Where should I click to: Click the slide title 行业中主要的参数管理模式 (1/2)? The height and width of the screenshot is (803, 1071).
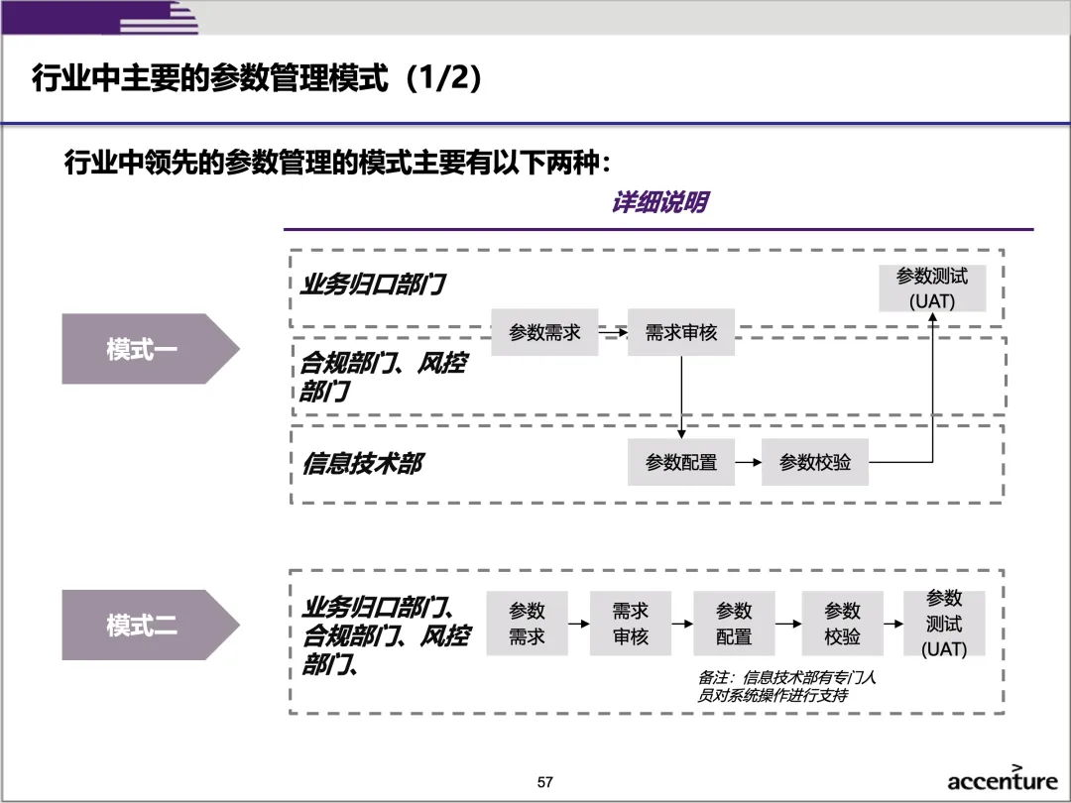[258, 78]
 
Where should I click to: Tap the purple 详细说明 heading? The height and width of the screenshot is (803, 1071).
[658, 203]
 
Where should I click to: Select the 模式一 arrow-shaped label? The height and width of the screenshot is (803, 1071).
[144, 349]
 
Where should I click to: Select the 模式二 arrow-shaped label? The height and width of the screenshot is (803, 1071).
[144, 626]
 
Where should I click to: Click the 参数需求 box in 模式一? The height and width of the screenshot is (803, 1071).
[544, 332]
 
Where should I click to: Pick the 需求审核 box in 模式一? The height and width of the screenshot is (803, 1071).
[681, 332]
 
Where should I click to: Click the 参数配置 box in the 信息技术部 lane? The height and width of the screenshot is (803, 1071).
[681, 462]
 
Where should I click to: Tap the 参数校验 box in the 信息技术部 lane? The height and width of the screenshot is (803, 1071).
[815, 462]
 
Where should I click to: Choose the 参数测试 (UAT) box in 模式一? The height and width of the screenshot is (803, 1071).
[932, 288]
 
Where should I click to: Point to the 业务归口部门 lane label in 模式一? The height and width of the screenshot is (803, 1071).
[373, 286]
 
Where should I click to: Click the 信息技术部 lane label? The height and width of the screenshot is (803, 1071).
[362, 463]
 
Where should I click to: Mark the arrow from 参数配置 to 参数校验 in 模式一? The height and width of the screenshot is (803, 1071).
[748, 462]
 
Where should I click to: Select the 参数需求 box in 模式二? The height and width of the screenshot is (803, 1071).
[527, 625]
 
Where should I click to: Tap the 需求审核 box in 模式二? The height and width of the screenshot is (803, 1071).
[631, 625]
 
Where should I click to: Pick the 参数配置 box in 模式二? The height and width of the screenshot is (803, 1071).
[734, 625]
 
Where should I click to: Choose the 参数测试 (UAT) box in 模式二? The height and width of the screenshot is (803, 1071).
[944, 625]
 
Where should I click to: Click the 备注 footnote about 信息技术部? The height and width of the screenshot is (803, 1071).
[787, 686]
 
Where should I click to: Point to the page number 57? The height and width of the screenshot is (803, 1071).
[544, 782]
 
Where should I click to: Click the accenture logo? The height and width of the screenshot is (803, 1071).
[1002, 780]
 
